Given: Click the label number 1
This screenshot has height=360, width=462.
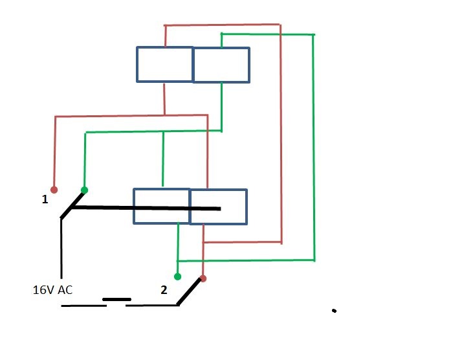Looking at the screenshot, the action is [45, 199].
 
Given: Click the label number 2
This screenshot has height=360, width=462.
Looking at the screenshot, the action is [164, 289].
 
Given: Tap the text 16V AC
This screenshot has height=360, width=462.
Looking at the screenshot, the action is [52, 289].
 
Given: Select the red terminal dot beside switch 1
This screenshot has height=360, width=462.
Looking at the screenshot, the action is [54, 190].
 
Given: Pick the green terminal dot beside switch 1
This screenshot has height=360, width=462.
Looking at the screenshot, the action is [84, 190].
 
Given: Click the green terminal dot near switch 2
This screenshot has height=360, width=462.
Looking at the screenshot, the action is [178, 276].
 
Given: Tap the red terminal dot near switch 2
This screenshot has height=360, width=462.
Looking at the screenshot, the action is [203, 278].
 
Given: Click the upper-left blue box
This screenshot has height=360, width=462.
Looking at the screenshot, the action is [164, 64].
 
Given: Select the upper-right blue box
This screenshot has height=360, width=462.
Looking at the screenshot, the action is [221, 65].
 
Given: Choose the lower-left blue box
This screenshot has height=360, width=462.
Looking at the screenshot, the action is [161, 206].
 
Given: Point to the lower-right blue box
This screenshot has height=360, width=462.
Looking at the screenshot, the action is [218, 207].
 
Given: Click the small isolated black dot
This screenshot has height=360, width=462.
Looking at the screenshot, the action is [334, 311].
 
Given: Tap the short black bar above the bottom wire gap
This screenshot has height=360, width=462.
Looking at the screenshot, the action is [116, 299].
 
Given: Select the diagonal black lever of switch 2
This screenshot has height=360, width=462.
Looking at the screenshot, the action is [190, 292].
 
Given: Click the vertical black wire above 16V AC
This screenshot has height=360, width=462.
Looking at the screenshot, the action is [61, 249].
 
